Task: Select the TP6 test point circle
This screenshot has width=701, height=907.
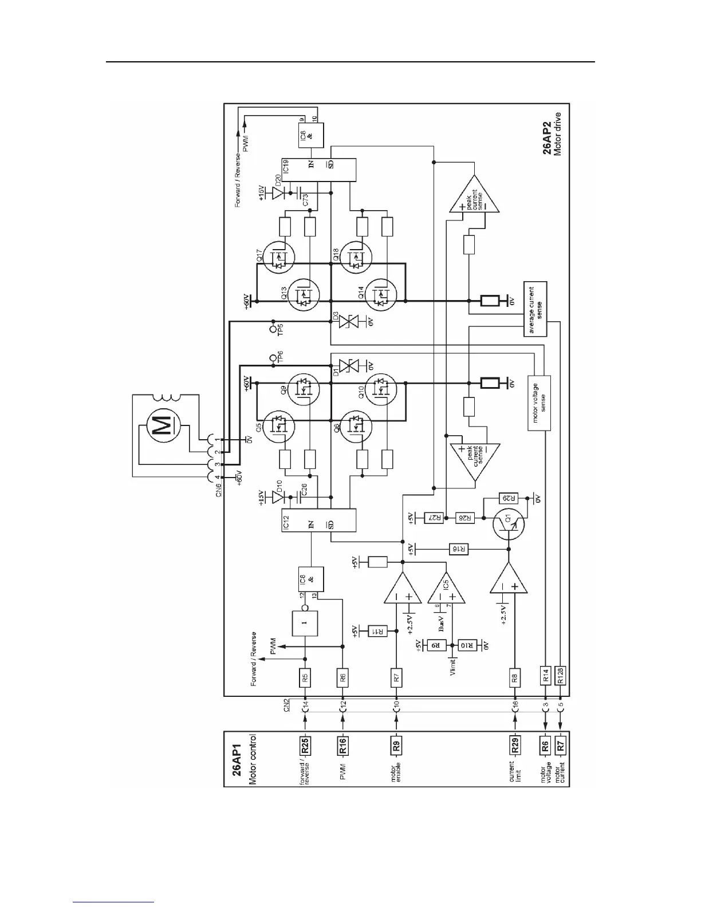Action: [273, 358]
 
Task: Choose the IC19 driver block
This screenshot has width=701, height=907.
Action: [319, 168]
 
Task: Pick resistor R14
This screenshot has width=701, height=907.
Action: [545, 676]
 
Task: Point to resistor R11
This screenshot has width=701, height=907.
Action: [379, 630]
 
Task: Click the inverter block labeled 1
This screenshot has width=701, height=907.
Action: [304, 622]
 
